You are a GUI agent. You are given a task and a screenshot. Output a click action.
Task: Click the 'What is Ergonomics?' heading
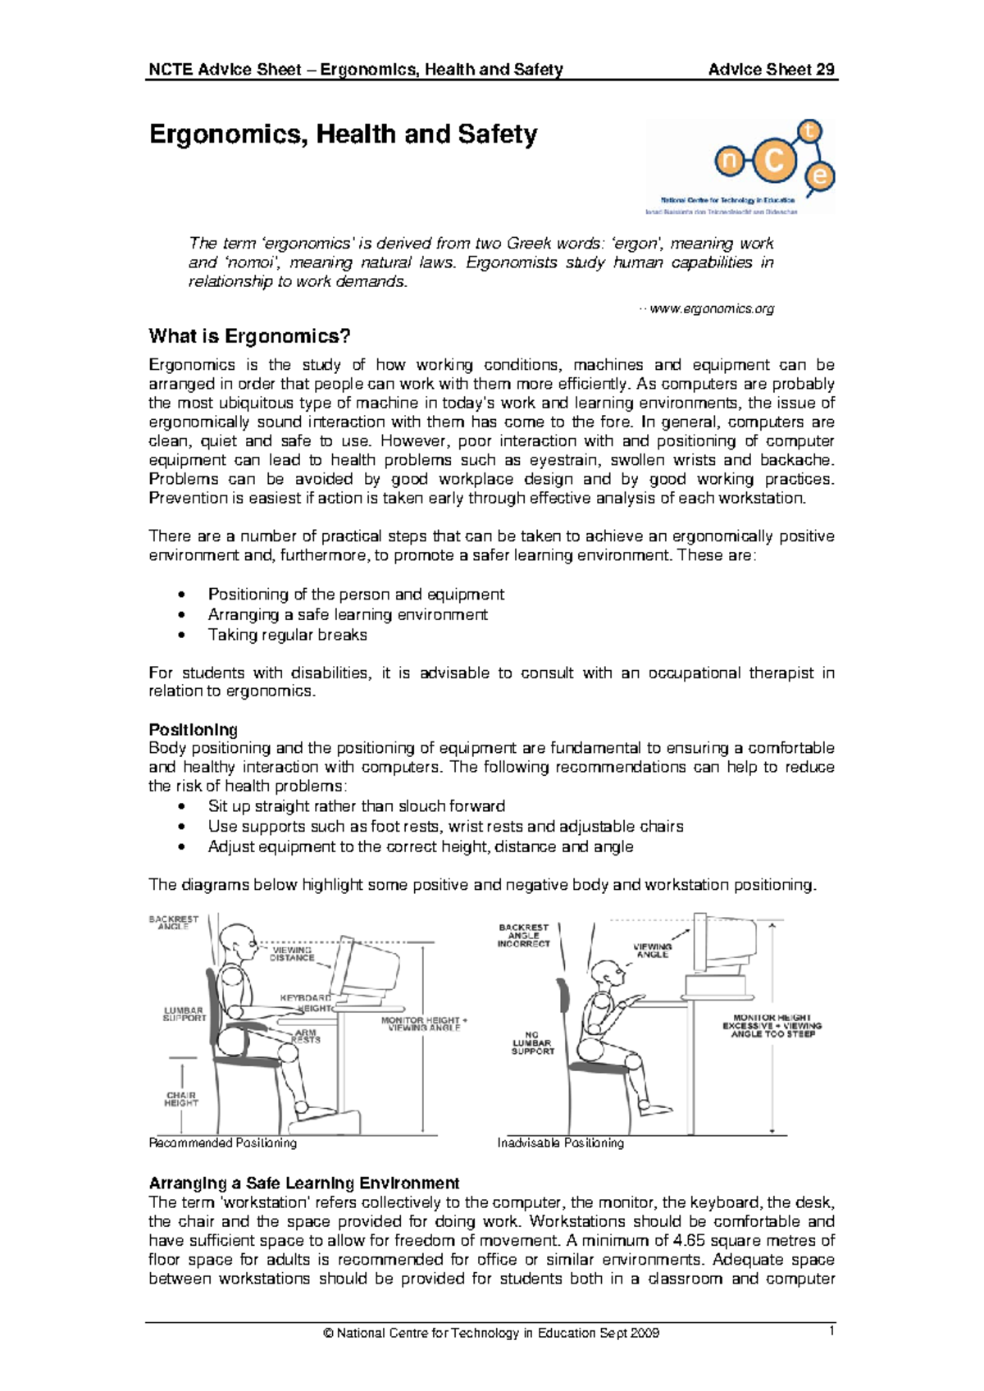249,336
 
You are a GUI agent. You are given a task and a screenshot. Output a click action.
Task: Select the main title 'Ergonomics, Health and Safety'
343,134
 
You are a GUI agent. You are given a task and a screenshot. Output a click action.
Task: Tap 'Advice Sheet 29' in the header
771,70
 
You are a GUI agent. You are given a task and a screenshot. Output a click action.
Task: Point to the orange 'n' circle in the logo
728,162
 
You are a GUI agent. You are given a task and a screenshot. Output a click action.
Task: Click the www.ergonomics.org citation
710,309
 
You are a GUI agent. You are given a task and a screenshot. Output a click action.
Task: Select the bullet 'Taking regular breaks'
287,635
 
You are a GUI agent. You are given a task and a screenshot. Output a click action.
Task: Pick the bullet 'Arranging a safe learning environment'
348,614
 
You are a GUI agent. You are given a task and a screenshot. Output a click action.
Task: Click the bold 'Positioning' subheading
193,729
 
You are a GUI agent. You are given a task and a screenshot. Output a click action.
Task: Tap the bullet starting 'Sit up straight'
356,806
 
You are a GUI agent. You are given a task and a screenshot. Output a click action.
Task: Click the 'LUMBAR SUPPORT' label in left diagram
184,1015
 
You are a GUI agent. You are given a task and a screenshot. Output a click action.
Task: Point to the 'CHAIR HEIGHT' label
181,1099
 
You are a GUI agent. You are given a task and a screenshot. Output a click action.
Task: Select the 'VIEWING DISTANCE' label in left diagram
292,954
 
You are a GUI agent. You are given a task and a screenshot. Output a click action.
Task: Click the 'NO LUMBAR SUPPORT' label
532,1043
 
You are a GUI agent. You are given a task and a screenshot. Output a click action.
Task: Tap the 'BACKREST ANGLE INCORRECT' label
523,935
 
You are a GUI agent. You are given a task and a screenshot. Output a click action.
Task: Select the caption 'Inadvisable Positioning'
560,1142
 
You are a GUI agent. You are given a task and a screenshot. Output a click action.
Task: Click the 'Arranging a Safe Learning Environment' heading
303,1183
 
